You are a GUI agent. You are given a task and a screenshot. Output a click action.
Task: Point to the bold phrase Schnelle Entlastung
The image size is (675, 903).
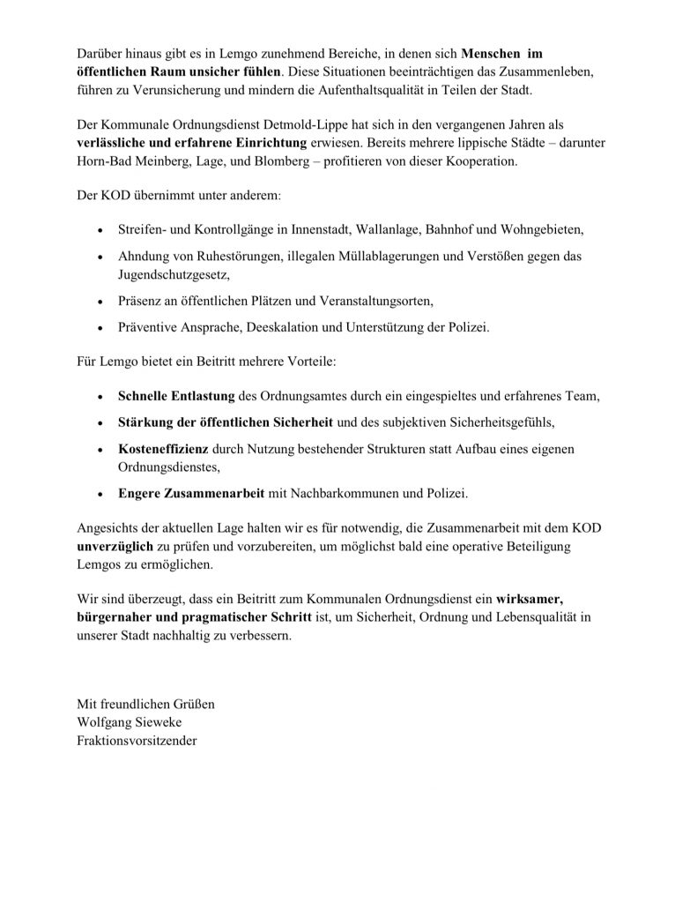click(x=175, y=397)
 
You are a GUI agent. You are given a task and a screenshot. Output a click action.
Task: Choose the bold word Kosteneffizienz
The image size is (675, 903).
click(x=160, y=450)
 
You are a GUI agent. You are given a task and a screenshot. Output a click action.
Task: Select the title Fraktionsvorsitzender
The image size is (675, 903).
click(x=137, y=740)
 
